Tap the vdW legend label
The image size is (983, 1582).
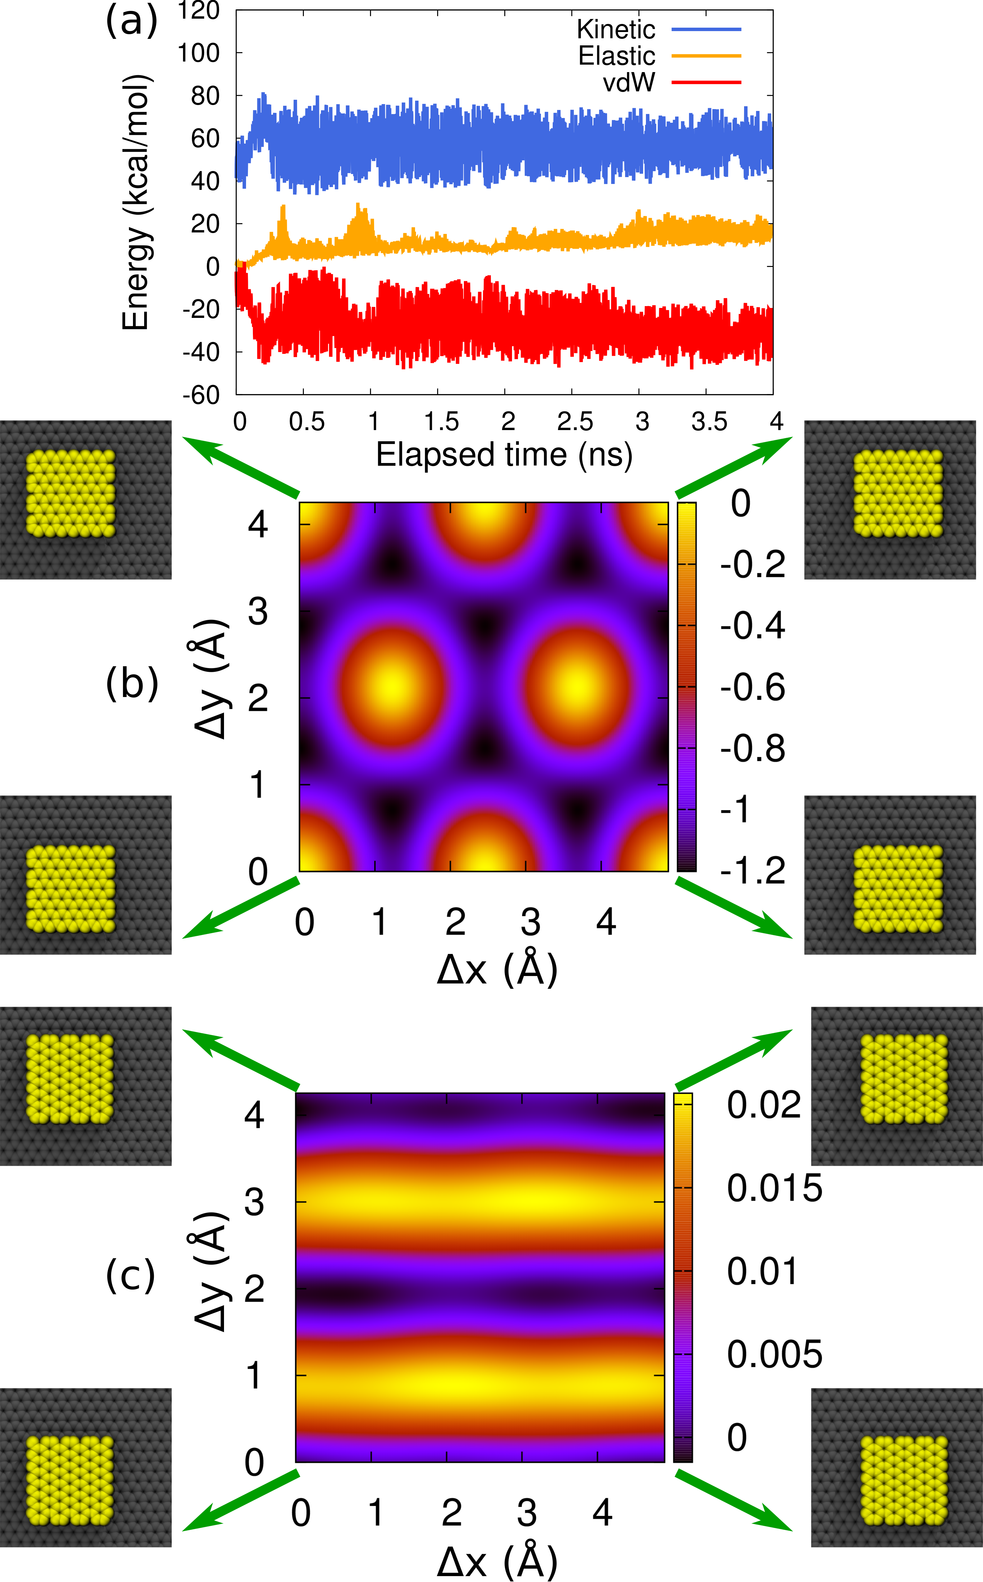(x=629, y=83)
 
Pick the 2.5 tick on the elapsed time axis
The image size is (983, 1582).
(x=575, y=422)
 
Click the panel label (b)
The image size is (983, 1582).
(x=132, y=684)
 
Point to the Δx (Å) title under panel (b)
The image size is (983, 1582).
(x=497, y=970)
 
